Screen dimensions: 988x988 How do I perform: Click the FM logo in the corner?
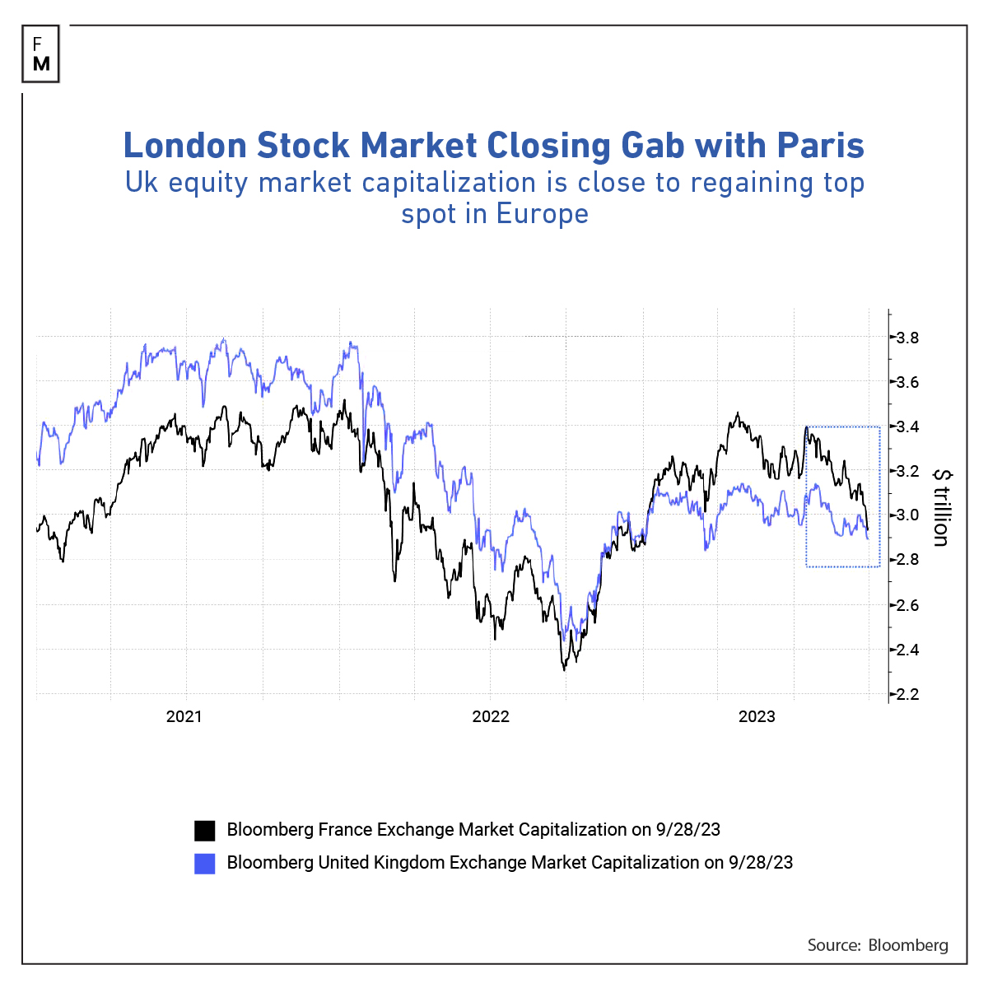[x=42, y=54]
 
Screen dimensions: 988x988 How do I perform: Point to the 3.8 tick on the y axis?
[x=906, y=338]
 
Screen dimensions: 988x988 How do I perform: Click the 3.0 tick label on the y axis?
[x=906, y=515]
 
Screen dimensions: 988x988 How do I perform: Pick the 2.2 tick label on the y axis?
[x=906, y=694]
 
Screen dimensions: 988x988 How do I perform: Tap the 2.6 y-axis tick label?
[x=906, y=605]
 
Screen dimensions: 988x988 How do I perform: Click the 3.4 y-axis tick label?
[x=906, y=426]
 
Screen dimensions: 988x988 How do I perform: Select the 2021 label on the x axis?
[x=184, y=716]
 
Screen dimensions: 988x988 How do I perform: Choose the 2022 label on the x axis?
[x=491, y=716]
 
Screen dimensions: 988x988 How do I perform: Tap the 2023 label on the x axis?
[x=757, y=716]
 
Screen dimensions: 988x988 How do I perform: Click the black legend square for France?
[x=204, y=830]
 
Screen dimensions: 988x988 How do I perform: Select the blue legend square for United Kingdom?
[x=204, y=863]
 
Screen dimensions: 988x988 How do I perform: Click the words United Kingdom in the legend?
[x=381, y=863]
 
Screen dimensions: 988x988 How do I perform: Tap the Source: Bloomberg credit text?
[x=878, y=945]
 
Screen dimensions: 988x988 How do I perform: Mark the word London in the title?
[x=185, y=146]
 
